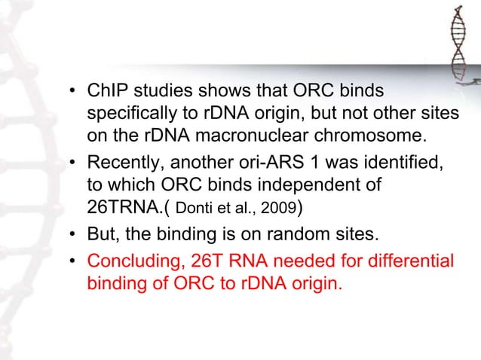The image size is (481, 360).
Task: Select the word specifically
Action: pyautogui.click(x=127, y=115)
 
